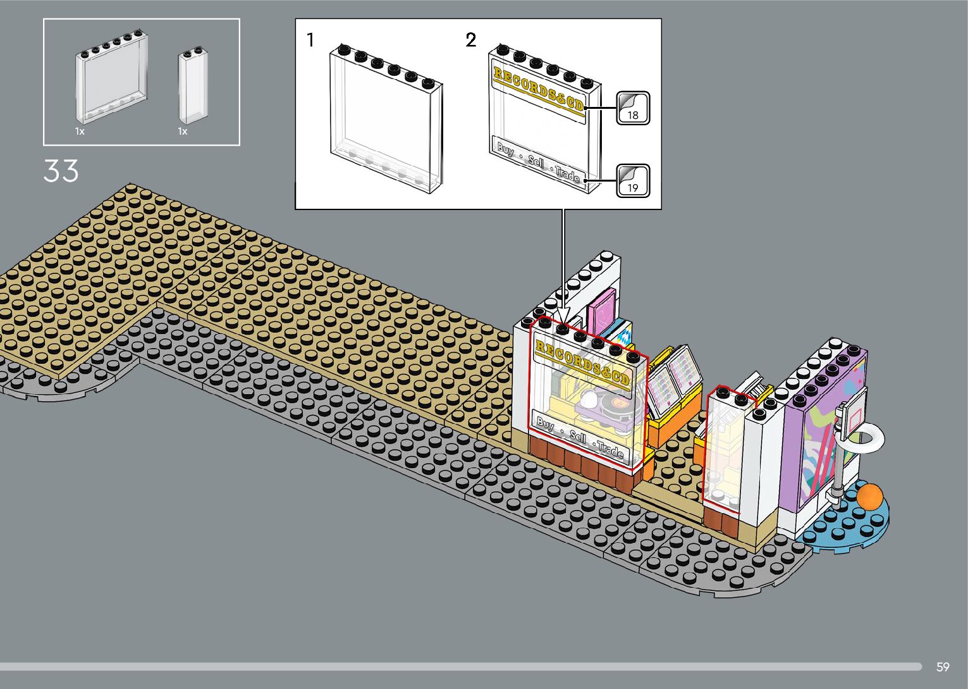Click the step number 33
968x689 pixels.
click(61, 171)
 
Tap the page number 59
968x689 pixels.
click(943, 667)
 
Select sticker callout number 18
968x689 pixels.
click(633, 108)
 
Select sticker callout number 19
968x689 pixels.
click(633, 180)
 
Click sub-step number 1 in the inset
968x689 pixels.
click(310, 40)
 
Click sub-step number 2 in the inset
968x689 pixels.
click(470, 40)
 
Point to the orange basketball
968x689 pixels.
click(869, 496)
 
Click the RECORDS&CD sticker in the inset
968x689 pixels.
click(539, 89)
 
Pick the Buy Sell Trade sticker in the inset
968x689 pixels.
click(539, 162)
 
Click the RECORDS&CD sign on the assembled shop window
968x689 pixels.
click(582, 364)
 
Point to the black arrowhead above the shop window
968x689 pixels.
click(563, 315)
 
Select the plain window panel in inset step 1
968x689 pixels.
click(386, 120)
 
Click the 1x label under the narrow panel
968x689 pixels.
click(183, 132)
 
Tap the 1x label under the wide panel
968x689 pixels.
click(80, 132)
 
